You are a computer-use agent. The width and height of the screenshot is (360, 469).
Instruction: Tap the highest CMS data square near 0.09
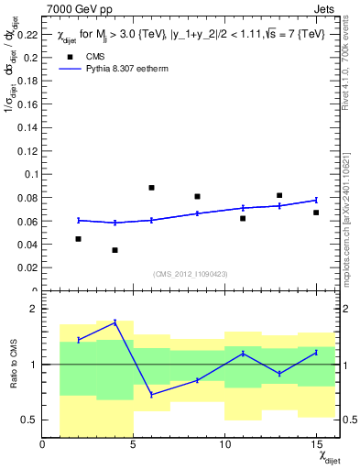click(x=151, y=188)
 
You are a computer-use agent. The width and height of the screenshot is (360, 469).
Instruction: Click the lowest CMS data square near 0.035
click(x=115, y=250)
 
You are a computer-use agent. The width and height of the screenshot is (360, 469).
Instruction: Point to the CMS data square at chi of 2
click(x=79, y=239)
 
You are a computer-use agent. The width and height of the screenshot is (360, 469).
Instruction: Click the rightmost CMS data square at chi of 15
click(x=316, y=213)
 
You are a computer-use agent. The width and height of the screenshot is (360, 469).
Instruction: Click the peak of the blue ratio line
click(x=115, y=322)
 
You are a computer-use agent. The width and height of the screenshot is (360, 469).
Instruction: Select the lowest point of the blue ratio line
click(x=151, y=395)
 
